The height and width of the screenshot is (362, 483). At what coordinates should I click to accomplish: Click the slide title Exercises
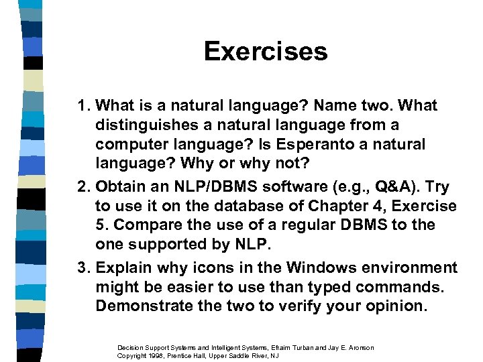pyautogui.click(x=266, y=52)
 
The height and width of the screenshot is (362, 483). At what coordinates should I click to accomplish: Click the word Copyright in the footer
pyautogui.click(x=132, y=355)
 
